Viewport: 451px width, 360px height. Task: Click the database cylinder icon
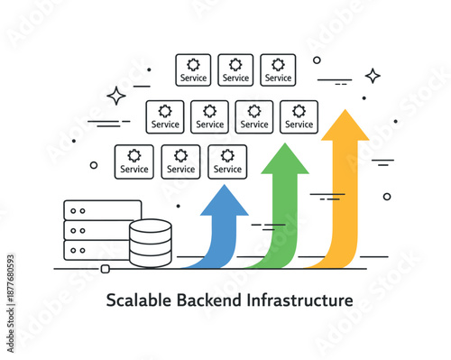click(x=150, y=243)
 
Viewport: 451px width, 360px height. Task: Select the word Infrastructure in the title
click(x=300, y=300)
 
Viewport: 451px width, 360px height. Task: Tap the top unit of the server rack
click(x=103, y=210)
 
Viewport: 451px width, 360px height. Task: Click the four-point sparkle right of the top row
click(x=373, y=76)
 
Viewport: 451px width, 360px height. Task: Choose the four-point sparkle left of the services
click(x=116, y=95)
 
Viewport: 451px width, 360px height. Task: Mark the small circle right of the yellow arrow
click(x=387, y=196)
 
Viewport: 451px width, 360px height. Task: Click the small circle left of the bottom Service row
click(x=94, y=165)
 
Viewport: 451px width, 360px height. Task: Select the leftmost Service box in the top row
click(x=193, y=70)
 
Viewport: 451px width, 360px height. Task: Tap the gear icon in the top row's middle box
click(x=235, y=64)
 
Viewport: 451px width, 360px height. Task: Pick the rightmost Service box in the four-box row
click(x=299, y=115)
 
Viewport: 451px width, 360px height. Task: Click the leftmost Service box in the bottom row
click(x=134, y=161)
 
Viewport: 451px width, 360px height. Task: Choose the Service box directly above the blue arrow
click(x=227, y=161)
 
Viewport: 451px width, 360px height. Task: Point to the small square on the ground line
click(x=104, y=269)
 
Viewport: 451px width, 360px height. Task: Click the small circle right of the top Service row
click(x=317, y=60)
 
